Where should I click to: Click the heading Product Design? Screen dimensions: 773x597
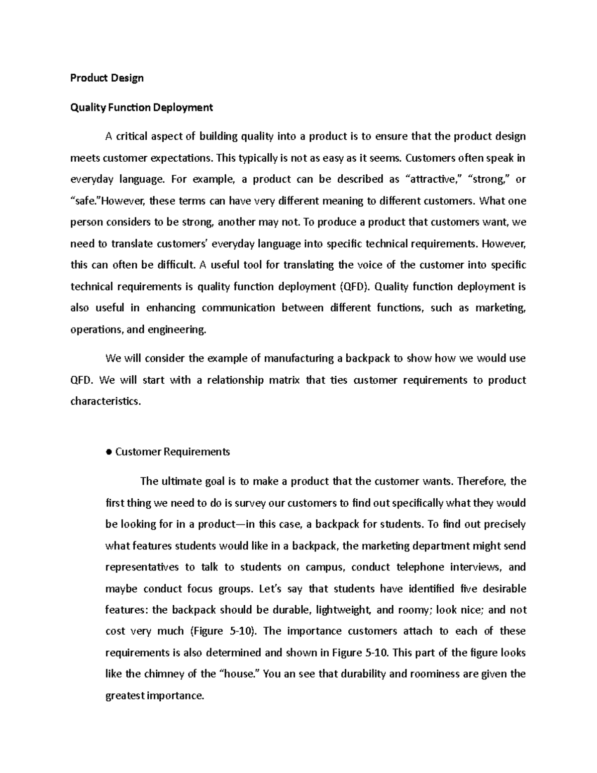[x=106, y=78]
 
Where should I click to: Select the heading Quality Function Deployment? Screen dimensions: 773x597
[x=141, y=108]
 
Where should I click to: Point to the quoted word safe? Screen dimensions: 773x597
[x=86, y=201]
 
